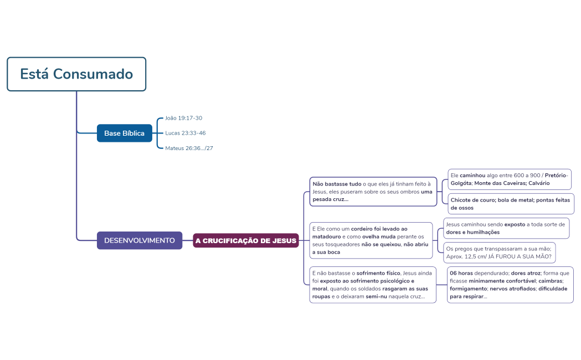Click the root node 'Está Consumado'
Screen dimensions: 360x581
(x=76, y=74)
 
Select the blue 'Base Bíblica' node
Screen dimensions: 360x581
(x=124, y=133)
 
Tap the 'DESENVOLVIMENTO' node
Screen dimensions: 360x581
(x=140, y=240)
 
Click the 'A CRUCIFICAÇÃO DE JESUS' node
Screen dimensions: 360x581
(x=246, y=240)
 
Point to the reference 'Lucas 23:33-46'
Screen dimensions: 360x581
(x=185, y=133)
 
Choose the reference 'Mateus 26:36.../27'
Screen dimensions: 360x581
(x=189, y=148)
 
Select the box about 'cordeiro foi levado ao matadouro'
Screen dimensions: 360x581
(x=371, y=240)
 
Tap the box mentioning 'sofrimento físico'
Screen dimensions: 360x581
(x=373, y=285)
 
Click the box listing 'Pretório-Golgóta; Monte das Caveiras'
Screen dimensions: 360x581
(x=509, y=179)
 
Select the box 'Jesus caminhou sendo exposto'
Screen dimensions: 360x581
(x=506, y=228)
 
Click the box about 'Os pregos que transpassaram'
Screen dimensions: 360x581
(x=500, y=253)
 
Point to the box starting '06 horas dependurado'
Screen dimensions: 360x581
(x=510, y=285)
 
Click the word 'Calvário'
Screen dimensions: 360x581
(x=539, y=183)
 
